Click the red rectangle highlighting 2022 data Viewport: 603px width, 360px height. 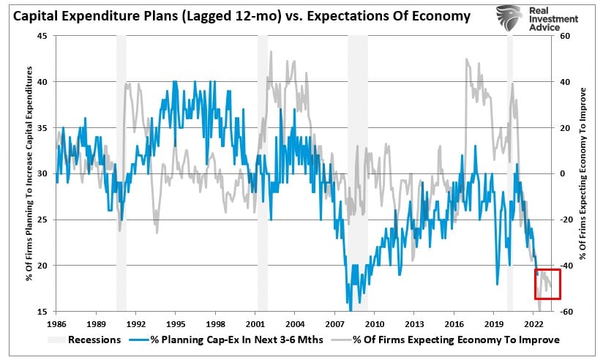547,284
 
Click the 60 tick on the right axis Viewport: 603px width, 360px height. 566,36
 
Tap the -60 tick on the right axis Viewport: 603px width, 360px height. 566,311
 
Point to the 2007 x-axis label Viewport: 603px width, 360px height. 335,323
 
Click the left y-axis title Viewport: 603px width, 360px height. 30,173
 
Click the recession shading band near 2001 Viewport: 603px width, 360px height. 262,173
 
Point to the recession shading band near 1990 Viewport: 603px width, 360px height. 121,173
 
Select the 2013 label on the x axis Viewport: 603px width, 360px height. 415,323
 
